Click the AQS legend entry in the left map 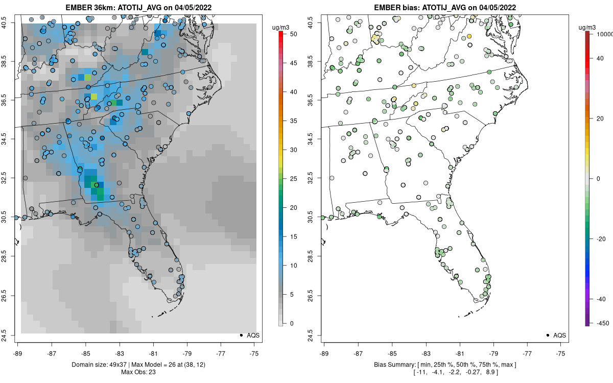(248, 335)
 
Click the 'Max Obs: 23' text (138, 372)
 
